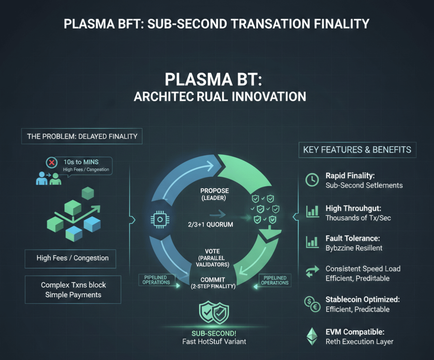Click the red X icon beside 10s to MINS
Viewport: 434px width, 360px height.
(52, 163)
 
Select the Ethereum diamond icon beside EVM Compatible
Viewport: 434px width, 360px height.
(312, 336)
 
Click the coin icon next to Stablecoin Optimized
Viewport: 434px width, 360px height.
(312, 304)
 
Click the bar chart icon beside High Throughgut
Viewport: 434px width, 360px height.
(312, 211)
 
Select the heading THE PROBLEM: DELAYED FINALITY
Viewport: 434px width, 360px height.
(82, 136)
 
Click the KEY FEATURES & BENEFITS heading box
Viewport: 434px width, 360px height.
(357, 150)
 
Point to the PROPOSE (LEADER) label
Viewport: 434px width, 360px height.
(214, 194)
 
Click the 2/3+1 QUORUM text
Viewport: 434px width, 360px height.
(211, 224)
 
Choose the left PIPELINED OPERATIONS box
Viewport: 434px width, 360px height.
(156, 280)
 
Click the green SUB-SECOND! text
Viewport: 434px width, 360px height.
(214, 333)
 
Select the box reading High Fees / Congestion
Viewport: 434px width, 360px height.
(72, 258)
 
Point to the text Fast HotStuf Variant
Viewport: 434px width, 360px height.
(214, 341)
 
